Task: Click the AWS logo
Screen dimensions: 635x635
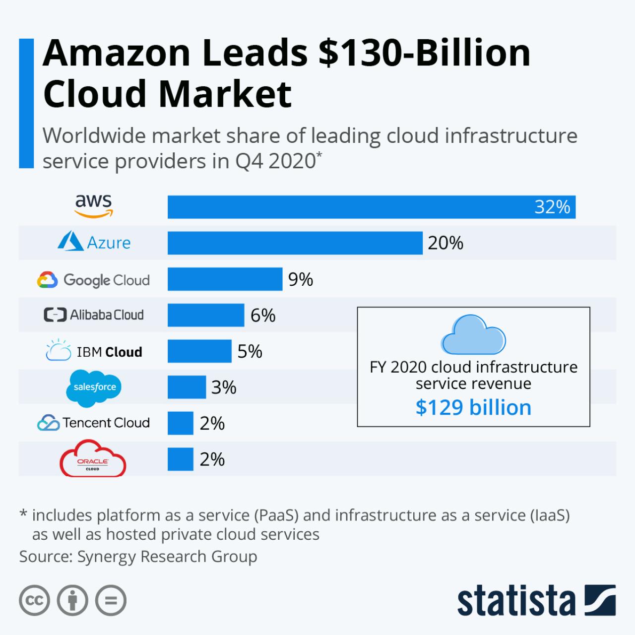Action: [94, 206]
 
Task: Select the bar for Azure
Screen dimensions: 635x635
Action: [295, 243]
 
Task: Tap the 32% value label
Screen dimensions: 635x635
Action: [552, 207]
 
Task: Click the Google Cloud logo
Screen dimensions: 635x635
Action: [93, 280]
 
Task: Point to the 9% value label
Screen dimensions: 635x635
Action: [301, 279]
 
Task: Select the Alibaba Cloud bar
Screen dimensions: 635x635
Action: [206, 316]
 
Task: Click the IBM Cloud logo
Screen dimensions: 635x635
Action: [94, 351]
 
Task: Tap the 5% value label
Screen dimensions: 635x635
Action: [250, 351]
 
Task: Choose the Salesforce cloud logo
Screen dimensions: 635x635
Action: [94, 387]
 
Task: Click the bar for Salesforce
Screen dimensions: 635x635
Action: [187, 387]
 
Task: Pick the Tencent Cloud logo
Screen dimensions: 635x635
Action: [93, 423]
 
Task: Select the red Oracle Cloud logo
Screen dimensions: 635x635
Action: [93, 459]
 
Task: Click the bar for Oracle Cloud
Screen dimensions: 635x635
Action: [180, 459]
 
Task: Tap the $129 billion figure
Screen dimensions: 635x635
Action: [473, 407]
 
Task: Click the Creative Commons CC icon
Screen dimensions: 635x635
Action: [34, 601]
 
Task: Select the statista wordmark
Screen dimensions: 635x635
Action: [516, 601]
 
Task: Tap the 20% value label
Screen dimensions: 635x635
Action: [445, 243]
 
